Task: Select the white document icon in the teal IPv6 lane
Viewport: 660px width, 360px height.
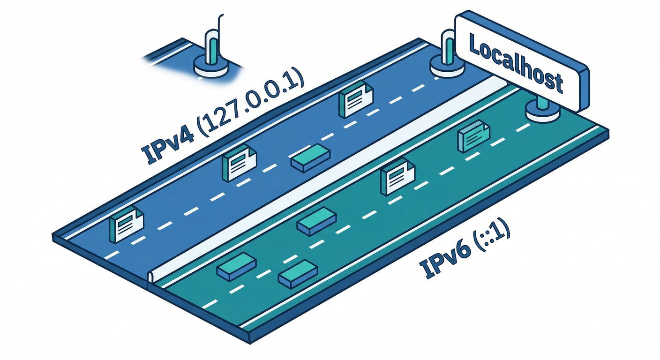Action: (397, 180)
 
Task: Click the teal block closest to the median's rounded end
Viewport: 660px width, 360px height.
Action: (235, 266)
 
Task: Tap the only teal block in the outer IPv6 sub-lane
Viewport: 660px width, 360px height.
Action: (298, 274)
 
